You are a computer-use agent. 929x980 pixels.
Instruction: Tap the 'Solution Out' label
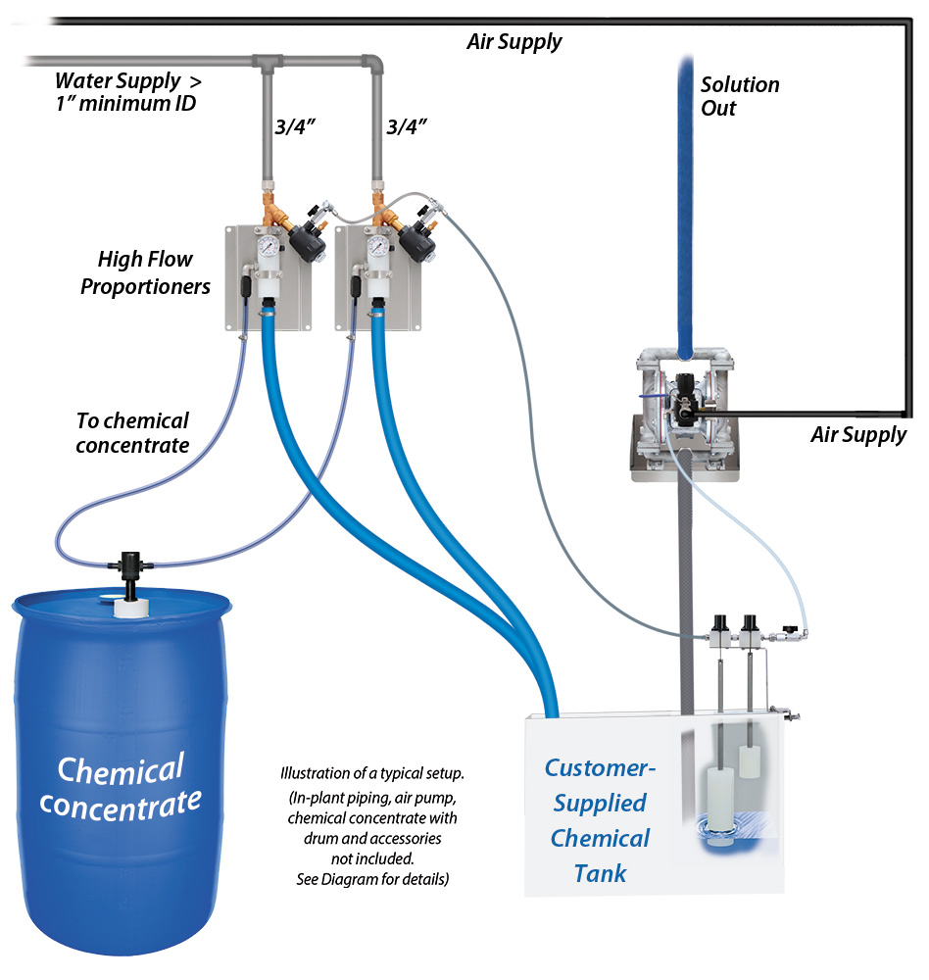tap(739, 96)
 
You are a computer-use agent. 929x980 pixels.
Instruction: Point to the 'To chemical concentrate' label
tap(132, 433)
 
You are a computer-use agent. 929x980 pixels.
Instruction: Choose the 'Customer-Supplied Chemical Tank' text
tap(599, 820)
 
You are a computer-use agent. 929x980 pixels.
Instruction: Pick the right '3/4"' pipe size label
tap(408, 127)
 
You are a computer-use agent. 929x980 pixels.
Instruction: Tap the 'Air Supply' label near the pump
tap(858, 435)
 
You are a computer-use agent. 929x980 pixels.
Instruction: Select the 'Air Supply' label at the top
tap(513, 41)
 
